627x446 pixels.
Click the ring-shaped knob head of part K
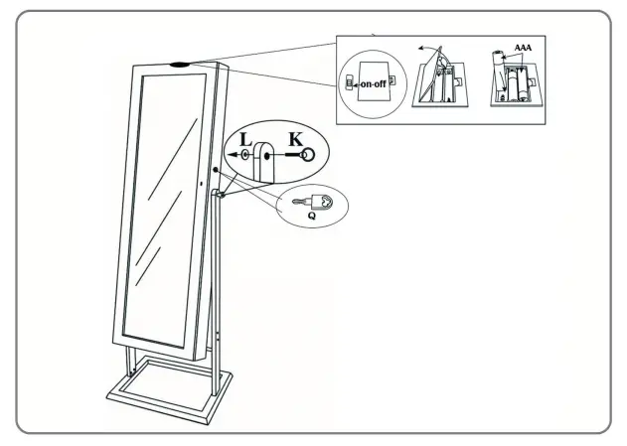coord(308,155)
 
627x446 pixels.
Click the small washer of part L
coord(244,156)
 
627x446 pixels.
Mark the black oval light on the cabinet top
coord(182,67)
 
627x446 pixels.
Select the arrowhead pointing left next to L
coord(231,156)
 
